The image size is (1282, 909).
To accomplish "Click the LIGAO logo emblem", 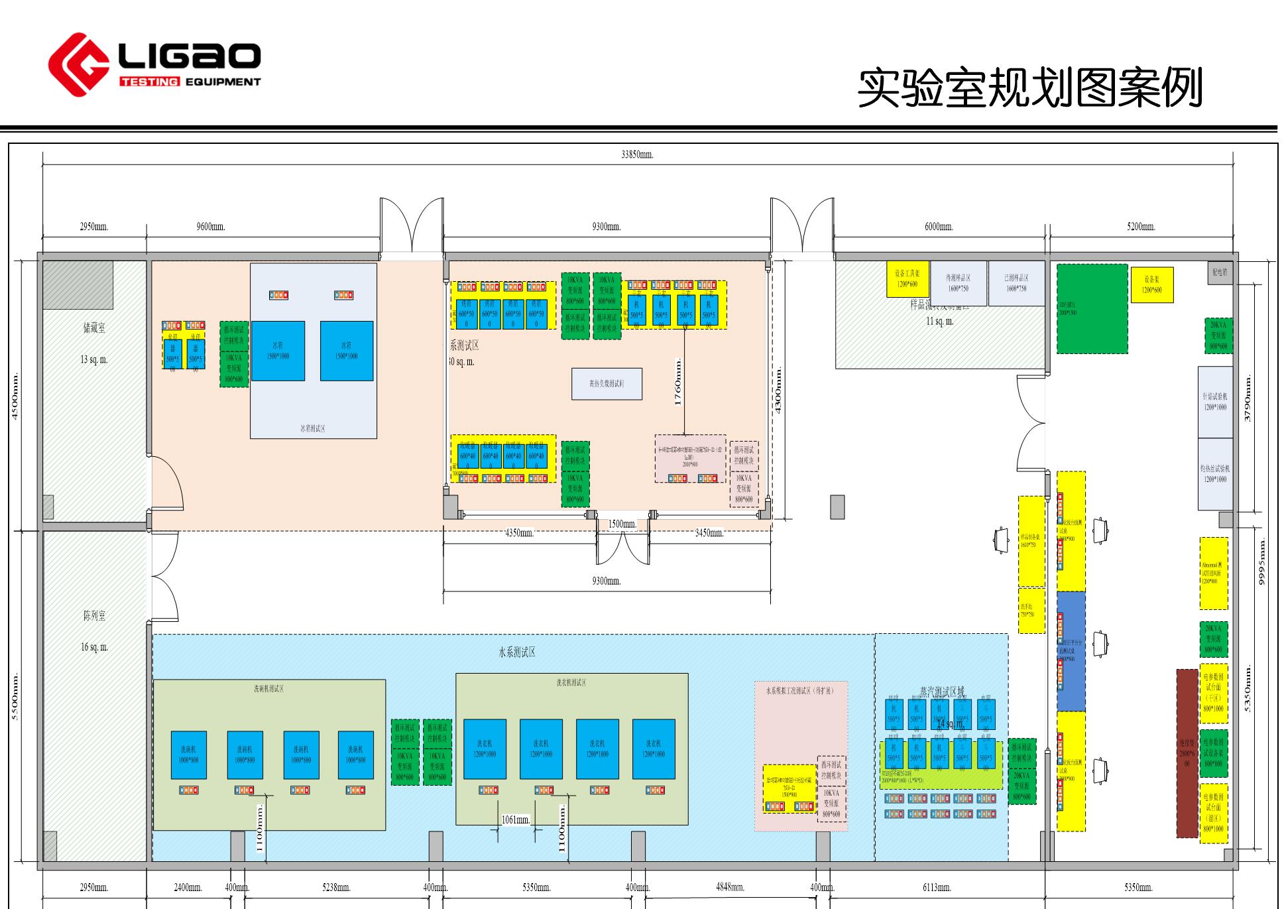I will click(x=78, y=64).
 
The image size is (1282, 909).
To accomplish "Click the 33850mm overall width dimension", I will click(x=637, y=154).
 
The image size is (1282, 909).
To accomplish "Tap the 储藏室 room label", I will click(x=94, y=328).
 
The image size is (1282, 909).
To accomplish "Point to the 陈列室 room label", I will click(x=94, y=615).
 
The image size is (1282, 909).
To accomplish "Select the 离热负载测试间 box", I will click(x=607, y=384).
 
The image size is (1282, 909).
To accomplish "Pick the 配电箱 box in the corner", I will click(x=1220, y=273).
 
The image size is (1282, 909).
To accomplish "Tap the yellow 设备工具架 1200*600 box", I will click(x=907, y=279).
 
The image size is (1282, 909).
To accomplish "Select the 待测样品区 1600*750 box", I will click(x=958, y=283).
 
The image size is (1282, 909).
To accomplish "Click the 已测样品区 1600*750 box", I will click(x=1016, y=283).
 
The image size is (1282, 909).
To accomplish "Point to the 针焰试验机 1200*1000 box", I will click(x=1215, y=402).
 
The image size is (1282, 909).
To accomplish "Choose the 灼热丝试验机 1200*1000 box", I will click(x=1215, y=473).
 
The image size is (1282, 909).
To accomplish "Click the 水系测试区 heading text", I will click(x=517, y=652).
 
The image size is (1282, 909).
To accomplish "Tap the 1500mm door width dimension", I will click(x=622, y=524).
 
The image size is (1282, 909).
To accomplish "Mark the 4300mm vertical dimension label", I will click(x=778, y=391).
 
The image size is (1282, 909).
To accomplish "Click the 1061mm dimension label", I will click(x=516, y=820).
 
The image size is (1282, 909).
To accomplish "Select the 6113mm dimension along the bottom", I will click(x=937, y=887).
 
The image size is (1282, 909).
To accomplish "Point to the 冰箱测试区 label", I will click(x=313, y=428).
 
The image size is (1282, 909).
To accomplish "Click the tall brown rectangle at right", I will click(x=1187, y=762).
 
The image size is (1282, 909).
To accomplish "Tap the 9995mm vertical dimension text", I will click(x=1262, y=562).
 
